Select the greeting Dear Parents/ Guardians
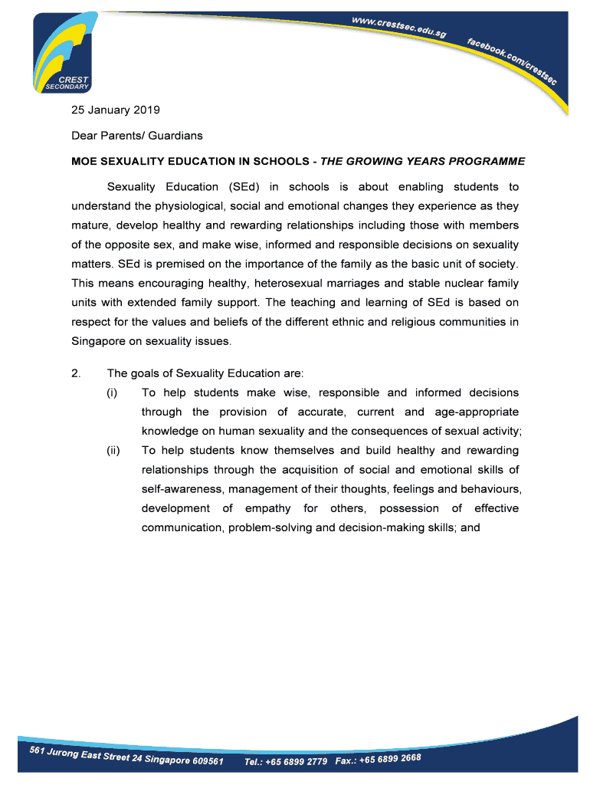(137, 136)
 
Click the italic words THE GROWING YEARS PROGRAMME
(423, 161)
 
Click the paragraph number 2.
(76, 373)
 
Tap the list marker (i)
(112, 392)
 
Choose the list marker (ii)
(113, 450)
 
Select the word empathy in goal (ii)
(268, 508)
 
